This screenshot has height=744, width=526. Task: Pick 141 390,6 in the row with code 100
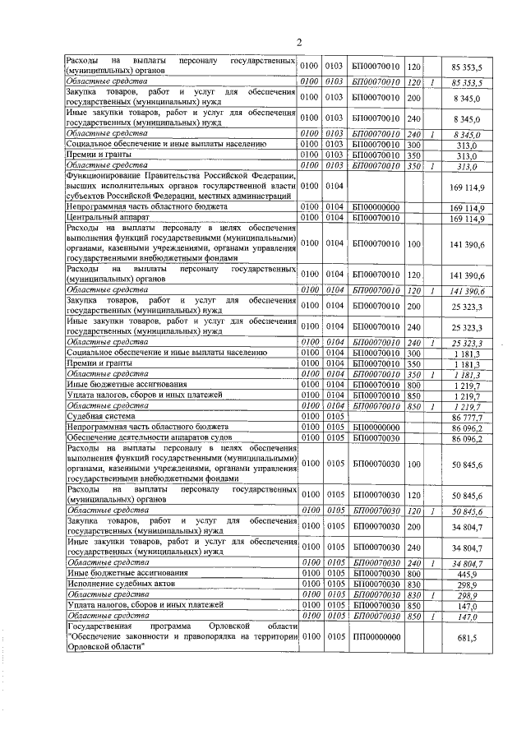pos(466,244)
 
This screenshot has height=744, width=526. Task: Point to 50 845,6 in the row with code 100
pos(466,465)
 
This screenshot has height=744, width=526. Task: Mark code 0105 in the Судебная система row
pos(334,418)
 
